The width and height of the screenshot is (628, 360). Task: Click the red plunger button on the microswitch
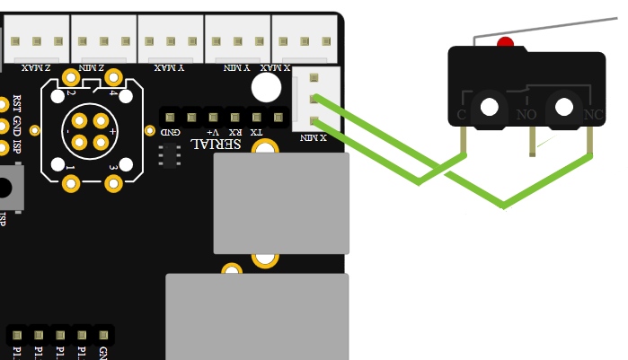click(505, 42)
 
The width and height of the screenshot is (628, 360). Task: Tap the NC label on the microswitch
click(593, 115)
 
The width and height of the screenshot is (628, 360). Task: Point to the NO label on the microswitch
click(526, 115)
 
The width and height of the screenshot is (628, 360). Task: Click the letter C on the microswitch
click(462, 115)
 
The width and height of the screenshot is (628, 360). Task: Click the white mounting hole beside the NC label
click(564, 107)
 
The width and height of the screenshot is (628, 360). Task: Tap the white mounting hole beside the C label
click(489, 107)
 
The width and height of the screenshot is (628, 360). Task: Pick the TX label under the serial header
click(257, 132)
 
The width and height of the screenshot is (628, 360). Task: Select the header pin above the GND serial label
click(170, 117)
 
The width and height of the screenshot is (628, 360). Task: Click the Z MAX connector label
click(35, 67)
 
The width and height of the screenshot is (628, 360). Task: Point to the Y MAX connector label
click(169, 67)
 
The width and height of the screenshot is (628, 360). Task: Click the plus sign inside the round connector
click(112, 131)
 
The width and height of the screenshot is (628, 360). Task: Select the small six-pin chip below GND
click(169, 155)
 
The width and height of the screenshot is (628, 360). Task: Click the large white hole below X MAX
click(266, 87)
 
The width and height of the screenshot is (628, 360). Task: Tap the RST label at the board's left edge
click(16, 103)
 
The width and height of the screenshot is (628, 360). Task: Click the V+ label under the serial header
click(213, 132)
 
